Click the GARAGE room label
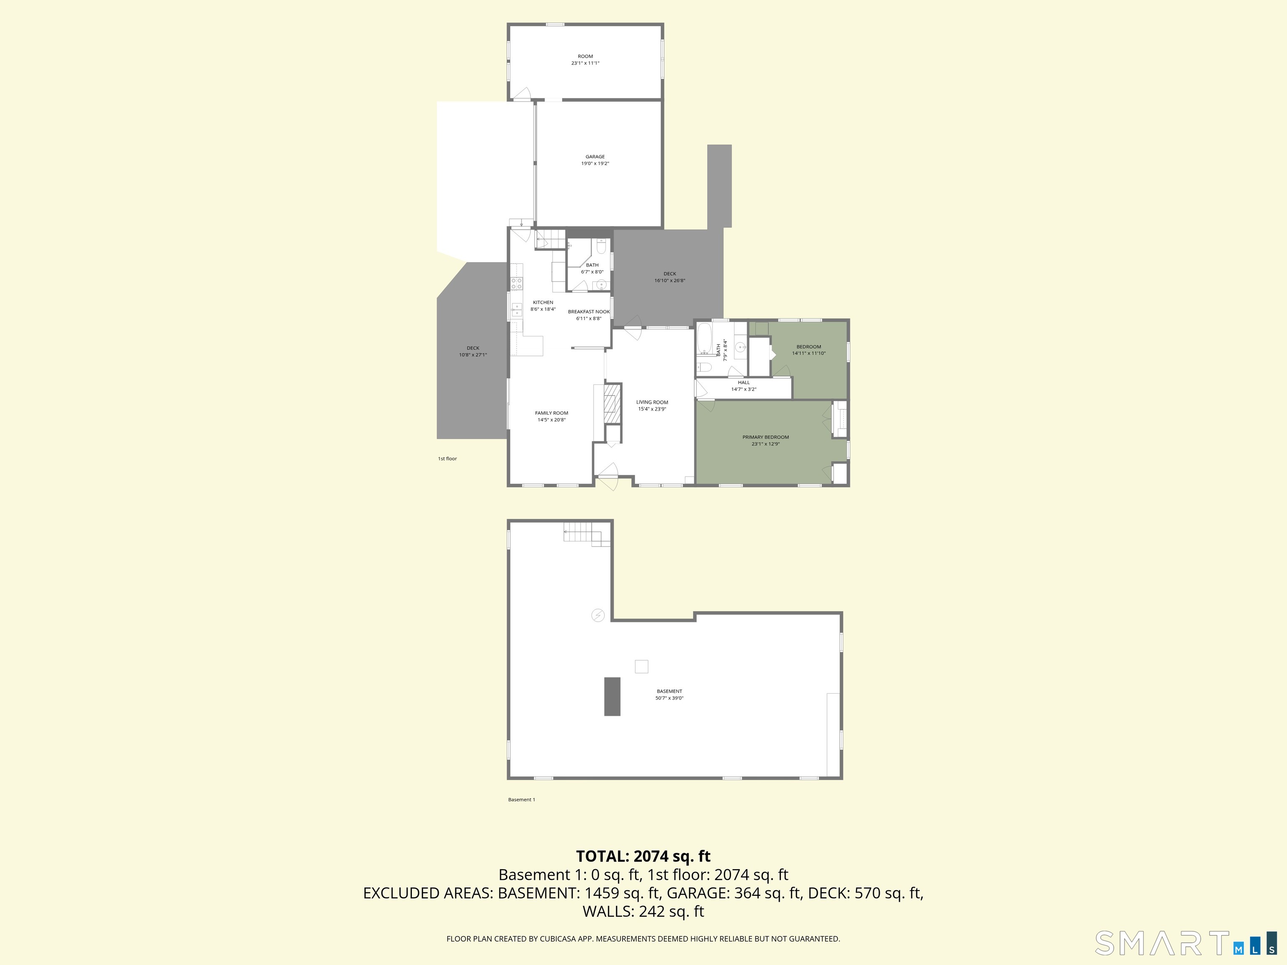pos(594,157)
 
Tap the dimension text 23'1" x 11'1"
pos(585,63)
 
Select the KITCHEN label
pos(543,302)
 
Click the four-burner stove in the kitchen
pos(517,283)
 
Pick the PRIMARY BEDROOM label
pos(765,437)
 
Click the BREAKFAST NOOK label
pos(589,312)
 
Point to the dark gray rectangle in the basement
pos(612,696)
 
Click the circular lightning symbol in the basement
pos(597,615)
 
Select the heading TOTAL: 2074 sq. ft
pos(643,856)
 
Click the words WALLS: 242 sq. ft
pos(643,911)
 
